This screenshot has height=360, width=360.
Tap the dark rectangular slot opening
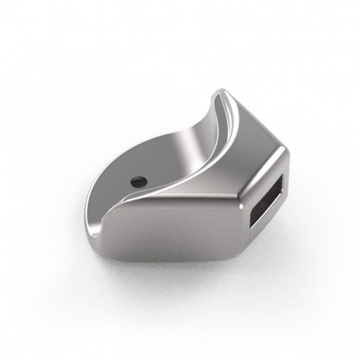tap(267, 200)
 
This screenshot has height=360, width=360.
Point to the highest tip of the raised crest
tap(220, 94)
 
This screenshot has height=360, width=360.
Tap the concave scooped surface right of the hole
tap(177, 157)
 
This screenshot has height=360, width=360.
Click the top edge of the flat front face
tap(173, 201)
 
